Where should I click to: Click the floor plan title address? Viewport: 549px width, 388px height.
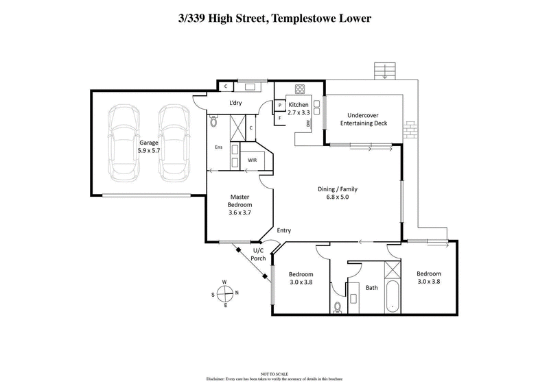coord(274,19)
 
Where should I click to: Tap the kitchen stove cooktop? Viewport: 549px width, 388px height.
coord(300,89)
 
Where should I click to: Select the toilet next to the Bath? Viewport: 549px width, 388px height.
coord(337,307)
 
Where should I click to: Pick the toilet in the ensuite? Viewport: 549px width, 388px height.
coord(213,121)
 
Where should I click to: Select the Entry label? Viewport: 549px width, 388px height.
coord(284,231)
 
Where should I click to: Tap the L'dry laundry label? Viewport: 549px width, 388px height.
coord(237,103)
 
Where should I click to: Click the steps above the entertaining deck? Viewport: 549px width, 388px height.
coord(385,71)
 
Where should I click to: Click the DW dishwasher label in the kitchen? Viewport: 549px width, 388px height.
coord(309,123)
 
